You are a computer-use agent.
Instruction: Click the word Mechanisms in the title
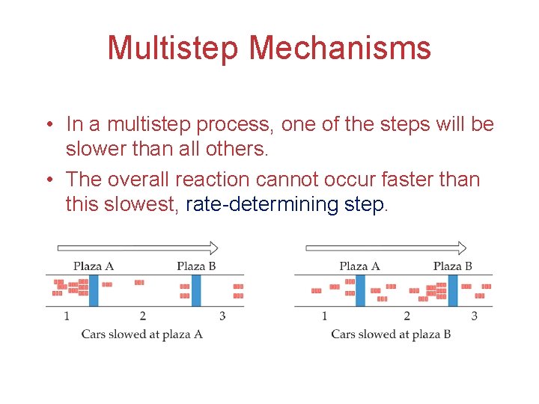tap(340, 48)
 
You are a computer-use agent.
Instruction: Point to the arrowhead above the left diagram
tap(213, 248)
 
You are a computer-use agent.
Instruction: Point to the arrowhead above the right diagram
tap(461, 248)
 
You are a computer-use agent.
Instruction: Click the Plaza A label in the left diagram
tap(94, 266)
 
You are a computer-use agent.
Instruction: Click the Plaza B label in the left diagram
tap(196, 266)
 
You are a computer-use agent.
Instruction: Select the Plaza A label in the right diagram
tap(359, 266)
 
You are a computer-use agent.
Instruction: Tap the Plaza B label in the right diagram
tap(452, 266)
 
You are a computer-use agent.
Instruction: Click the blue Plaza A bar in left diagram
tap(94, 290)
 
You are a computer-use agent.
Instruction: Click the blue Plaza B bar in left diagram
tap(196, 290)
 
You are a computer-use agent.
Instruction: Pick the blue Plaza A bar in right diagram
tap(360, 290)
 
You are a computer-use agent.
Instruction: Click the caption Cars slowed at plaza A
tap(142, 334)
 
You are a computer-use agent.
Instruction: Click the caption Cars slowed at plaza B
tap(391, 334)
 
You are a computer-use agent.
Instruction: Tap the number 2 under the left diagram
tap(142, 316)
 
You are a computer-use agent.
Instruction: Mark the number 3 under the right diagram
tap(474, 316)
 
